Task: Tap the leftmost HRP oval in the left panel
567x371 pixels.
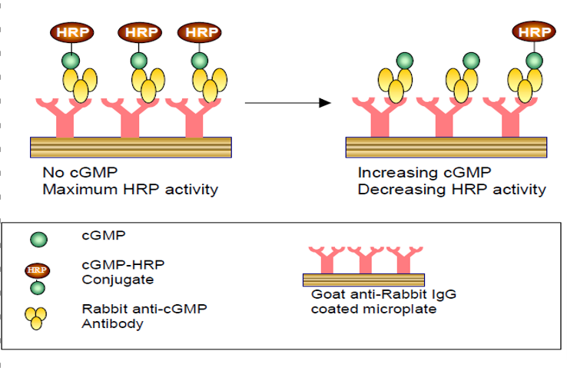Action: [x=71, y=32]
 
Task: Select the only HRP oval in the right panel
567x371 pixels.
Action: [x=534, y=32]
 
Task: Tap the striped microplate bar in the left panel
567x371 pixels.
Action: [x=131, y=146]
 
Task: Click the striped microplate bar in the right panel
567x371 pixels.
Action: [x=446, y=146]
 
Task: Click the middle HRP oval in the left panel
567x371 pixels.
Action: [x=138, y=32]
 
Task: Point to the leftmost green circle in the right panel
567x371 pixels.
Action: [x=403, y=61]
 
